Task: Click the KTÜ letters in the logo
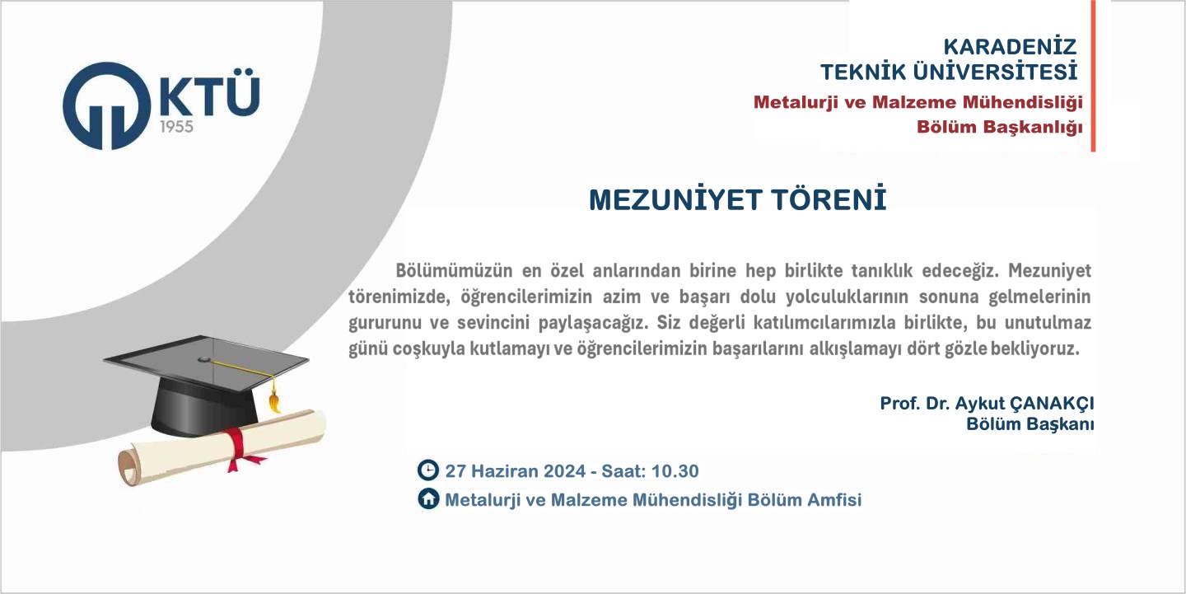(210, 92)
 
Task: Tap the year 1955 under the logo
(176, 127)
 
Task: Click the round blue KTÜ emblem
(106, 106)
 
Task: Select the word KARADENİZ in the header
(1010, 47)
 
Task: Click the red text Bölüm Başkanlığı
(1000, 127)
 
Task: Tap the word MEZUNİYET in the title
(675, 199)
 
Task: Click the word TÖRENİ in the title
(829, 199)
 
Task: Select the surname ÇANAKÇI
(1052, 404)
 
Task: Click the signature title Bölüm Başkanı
(1030, 424)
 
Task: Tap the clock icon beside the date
(427, 470)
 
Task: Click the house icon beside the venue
(427, 498)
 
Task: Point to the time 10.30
(675, 471)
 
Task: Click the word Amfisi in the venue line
(833, 500)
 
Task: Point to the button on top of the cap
(204, 360)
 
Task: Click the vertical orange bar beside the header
(1093, 76)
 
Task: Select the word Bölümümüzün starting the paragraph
(455, 270)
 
